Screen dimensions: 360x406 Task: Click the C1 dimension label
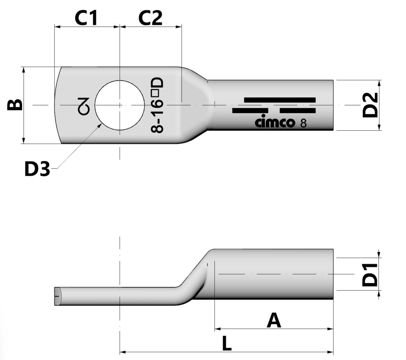(86, 18)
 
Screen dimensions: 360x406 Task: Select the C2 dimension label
(150, 18)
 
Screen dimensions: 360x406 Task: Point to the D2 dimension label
(370, 105)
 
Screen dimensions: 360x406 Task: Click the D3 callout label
(37, 169)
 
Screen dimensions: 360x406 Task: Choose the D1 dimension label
(370, 275)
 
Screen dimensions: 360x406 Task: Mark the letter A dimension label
(274, 320)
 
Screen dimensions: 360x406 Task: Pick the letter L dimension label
(226, 344)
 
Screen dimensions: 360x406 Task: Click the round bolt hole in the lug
(117, 105)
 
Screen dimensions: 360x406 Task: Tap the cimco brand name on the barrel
(275, 122)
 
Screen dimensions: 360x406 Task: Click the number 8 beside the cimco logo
(303, 123)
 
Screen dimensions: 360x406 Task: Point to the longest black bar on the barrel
(280, 100)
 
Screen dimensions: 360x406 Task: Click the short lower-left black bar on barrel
(250, 111)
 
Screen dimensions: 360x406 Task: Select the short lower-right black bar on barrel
(298, 111)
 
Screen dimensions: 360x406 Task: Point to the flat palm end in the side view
(58, 296)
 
